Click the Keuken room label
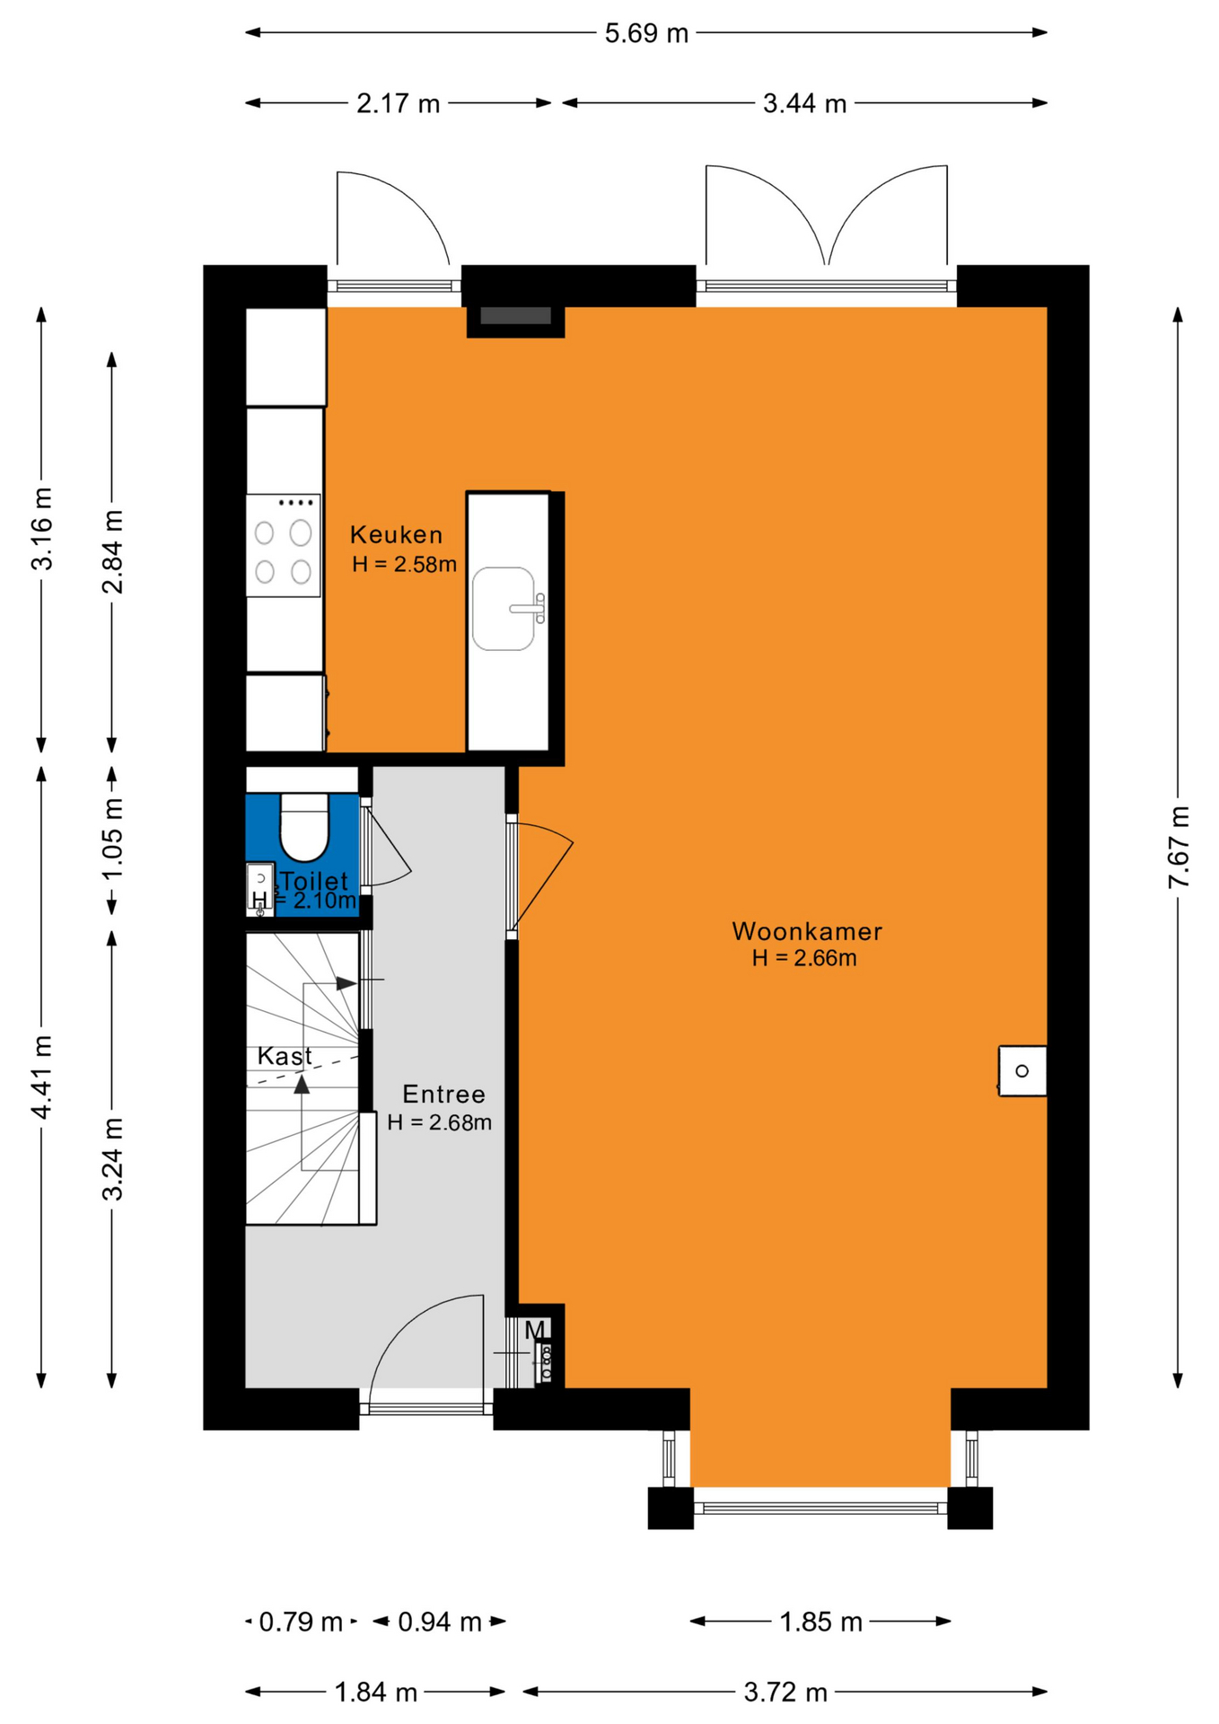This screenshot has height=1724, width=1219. [x=396, y=535]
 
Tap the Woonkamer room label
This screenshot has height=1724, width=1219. [x=807, y=931]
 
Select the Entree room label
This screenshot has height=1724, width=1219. [x=443, y=1095]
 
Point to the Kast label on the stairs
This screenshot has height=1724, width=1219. [x=285, y=1056]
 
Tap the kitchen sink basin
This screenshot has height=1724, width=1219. [x=504, y=608]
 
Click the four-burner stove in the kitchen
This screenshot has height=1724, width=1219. [x=283, y=545]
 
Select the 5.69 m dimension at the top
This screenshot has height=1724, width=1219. [x=646, y=33]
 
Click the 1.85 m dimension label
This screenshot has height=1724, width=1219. [x=820, y=1622]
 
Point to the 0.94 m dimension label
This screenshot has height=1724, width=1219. [x=440, y=1622]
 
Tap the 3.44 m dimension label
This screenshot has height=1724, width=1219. [x=804, y=103]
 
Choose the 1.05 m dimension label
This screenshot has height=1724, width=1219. [x=112, y=840]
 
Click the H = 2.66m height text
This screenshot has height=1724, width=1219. [x=804, y=958]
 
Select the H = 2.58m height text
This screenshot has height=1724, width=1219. [x=404, y=565]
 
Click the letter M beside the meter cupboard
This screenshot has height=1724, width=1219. [x=535, y=1330]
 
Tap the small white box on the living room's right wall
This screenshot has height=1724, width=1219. [x=1023, y=1070]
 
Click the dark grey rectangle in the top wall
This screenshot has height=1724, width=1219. [x=515, y=316]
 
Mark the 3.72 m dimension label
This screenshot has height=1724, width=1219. [x=785, y=1693]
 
